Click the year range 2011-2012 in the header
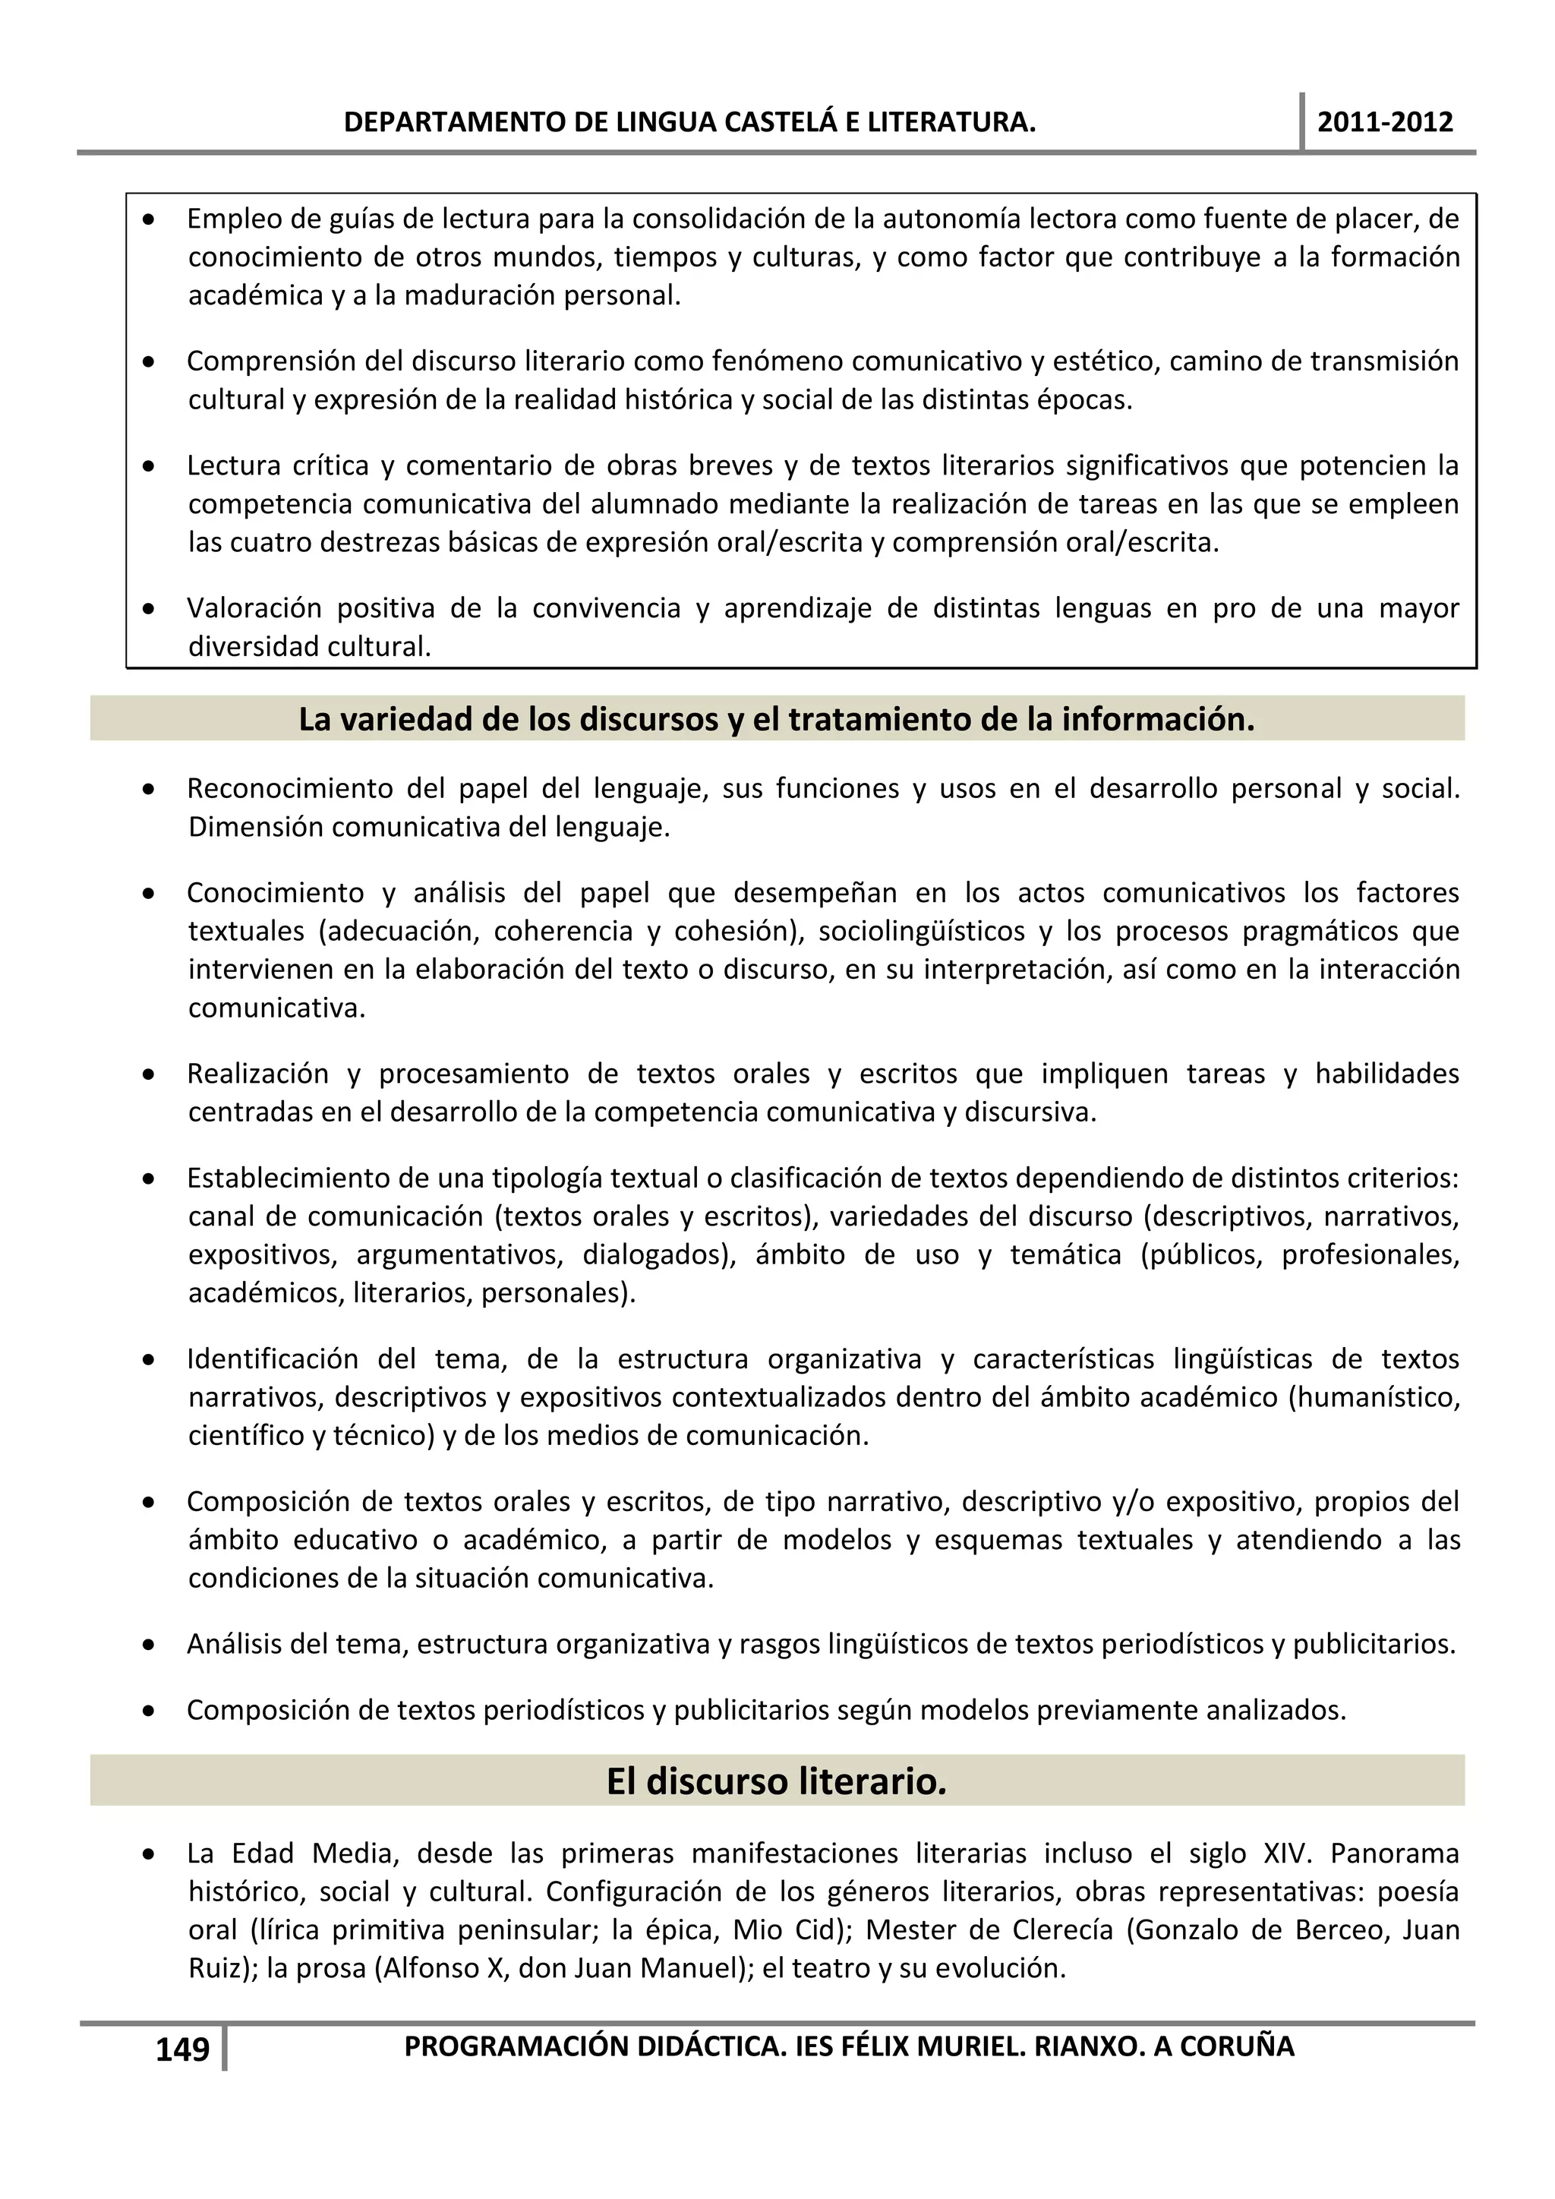tap(1385, 121)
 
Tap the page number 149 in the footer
tap(182, 2049)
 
